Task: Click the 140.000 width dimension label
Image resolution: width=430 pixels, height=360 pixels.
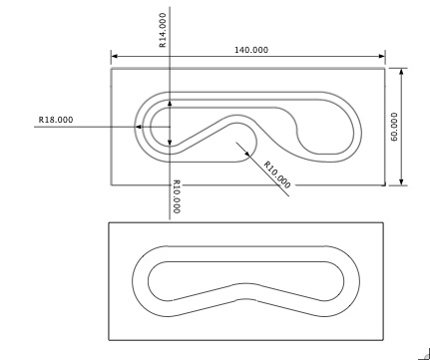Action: click(x=251, y=50)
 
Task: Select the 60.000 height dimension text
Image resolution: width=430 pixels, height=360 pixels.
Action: click(x=394, y=127)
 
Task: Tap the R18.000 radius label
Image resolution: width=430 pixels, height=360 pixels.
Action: click(x=56, y=120)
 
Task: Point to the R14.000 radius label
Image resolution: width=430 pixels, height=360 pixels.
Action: click(x=163, y=30)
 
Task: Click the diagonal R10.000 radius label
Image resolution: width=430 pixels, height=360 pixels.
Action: click(x=277, y=175)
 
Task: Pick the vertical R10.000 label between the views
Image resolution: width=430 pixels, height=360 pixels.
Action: click(x=177, y=196)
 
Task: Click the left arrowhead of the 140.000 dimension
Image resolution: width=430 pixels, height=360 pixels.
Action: click(x=114, y=56)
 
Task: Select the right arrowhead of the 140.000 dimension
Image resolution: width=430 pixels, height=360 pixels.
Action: click(x=382, y=56)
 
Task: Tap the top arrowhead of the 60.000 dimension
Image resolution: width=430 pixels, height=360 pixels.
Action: click(x=401, y=72)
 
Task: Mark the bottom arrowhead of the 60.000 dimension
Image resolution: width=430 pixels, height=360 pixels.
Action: click(x=401, y=181)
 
